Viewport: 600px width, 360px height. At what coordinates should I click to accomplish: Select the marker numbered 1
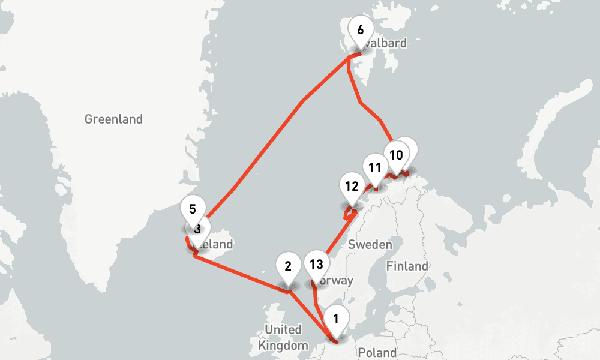point(336,319)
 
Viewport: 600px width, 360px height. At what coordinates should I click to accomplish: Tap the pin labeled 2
point(288,266)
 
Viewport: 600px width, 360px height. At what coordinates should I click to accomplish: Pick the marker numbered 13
point(316,264)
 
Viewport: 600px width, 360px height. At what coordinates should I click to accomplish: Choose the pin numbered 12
point(352,186)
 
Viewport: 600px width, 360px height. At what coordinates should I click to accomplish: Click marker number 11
point(375,168)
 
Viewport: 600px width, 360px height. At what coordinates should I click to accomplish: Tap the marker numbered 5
point(193,210)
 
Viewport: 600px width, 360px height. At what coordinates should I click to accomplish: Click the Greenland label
point(113,119)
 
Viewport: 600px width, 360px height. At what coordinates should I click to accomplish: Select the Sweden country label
point(370,244)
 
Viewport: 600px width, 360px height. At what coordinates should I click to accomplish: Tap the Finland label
point(407,266)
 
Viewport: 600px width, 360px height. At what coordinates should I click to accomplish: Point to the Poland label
point(377,352)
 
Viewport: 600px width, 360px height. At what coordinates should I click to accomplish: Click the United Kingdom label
point(283,337)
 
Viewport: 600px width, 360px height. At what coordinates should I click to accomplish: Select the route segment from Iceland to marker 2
point(240,273)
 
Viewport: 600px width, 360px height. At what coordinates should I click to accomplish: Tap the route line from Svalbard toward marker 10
point(360,102)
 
